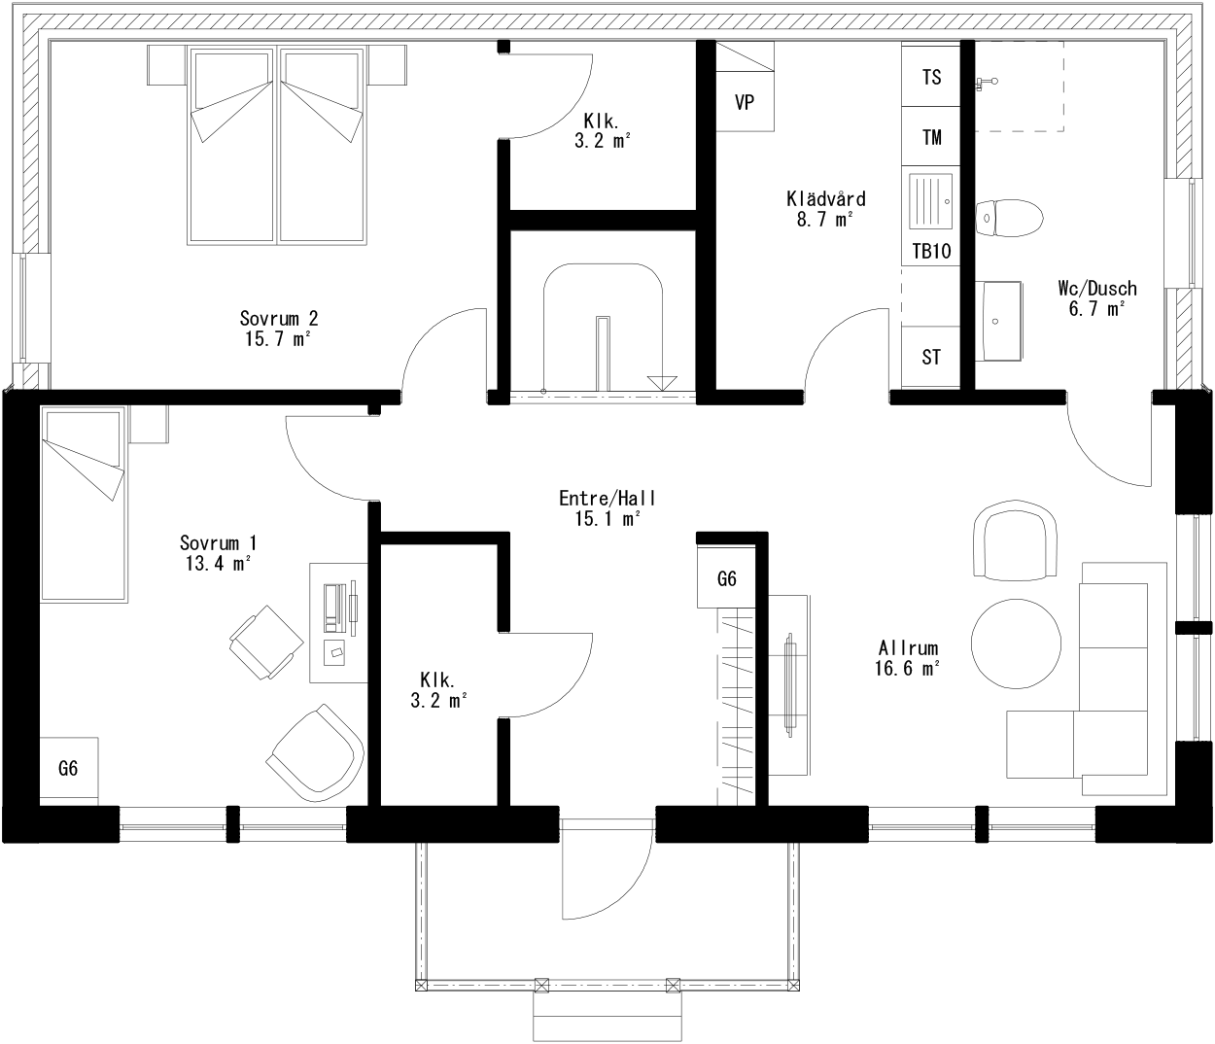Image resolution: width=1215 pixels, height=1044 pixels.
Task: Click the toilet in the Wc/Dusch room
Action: [1009, 218]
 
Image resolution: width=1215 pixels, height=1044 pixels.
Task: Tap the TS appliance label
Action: [932, 77]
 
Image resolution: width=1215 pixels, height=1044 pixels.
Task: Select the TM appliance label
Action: [932, 137]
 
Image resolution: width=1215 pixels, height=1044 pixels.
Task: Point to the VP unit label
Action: [745, 102]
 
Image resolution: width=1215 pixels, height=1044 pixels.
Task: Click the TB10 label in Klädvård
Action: [932, 251]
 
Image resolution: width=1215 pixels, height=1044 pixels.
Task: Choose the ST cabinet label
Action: [931, 357]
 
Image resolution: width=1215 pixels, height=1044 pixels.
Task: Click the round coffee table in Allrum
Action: [1016, 644]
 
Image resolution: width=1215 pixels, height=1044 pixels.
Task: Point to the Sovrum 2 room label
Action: [279, 318]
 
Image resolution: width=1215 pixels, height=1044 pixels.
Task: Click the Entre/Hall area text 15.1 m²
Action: [607, 518]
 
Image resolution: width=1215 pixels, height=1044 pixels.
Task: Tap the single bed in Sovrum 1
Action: [83, 505]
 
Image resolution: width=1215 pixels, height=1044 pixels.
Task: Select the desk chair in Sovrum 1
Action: [266, 642]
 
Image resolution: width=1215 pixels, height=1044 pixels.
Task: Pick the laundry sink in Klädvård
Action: [931, 201]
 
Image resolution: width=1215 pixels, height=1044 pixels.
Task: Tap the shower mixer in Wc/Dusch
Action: [986, 83]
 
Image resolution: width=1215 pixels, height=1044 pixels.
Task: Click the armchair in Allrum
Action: [1015, 539]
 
